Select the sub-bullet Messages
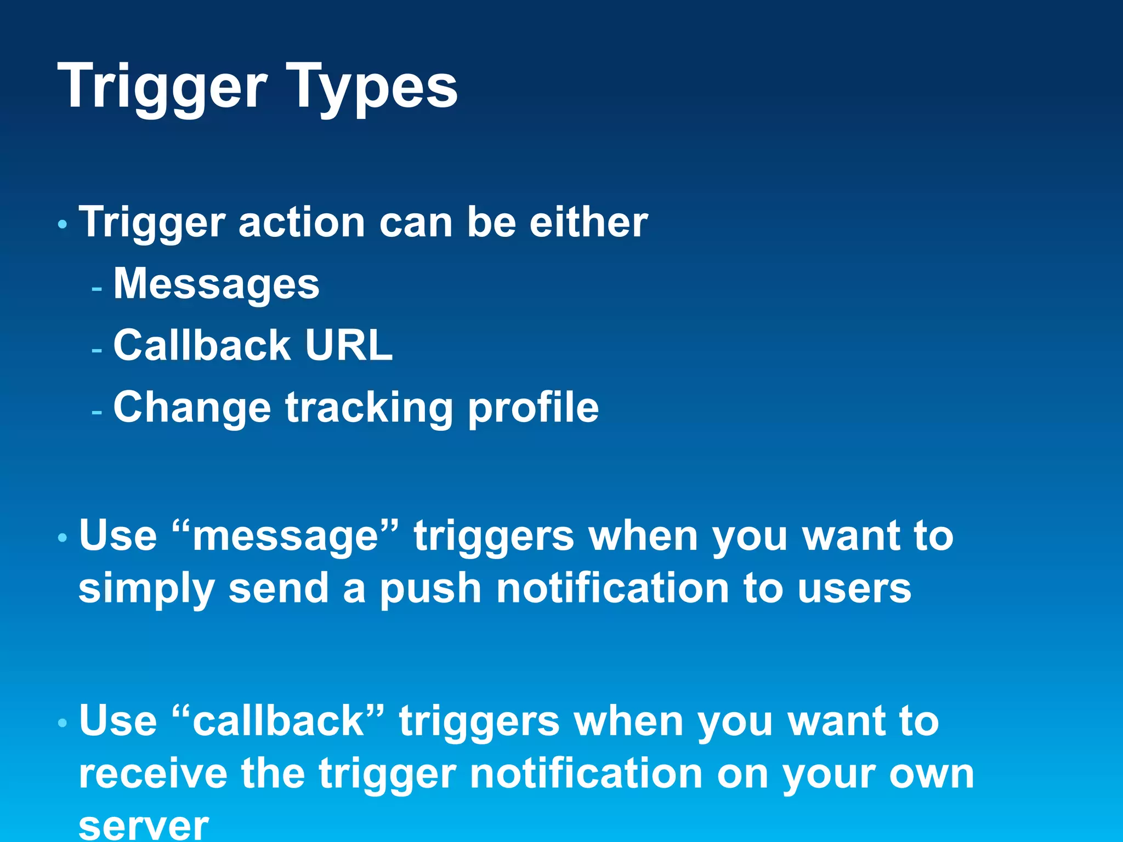tap(216, 285)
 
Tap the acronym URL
tap(349, 345)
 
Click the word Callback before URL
tap(202, 345)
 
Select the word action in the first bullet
tap(302, 223)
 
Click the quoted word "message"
tap(286, 536)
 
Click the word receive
tap(153, 773)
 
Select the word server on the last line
tap(144, 825)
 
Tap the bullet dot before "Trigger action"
tap(63, 224)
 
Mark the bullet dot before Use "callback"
tap(63, 723)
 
